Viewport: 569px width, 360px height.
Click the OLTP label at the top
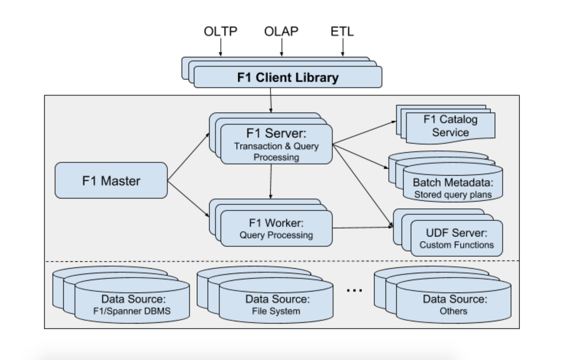[220, 31]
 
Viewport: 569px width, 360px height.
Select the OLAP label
[281, 31]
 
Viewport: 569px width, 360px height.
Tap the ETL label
[342, 31]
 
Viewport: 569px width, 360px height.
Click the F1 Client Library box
[288, 77]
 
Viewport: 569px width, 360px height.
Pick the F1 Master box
[111, 181]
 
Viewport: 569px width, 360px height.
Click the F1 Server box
[276, 144]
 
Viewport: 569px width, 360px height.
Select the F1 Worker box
[276, 229]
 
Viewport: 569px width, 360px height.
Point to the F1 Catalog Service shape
[450, 126]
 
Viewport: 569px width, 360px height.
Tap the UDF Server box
[457, 238]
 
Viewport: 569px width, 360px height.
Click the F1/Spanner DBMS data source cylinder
[132, 304]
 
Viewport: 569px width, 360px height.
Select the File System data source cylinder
[276, 304]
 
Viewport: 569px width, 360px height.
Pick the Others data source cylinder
[454, 304]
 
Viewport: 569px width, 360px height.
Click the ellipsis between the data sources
[354, 290]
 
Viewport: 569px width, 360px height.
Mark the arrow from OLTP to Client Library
[220, 47]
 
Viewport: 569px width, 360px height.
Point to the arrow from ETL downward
[342, 47]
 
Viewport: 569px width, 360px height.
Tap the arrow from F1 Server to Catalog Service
[364, 132]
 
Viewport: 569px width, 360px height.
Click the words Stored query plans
[453, 195]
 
